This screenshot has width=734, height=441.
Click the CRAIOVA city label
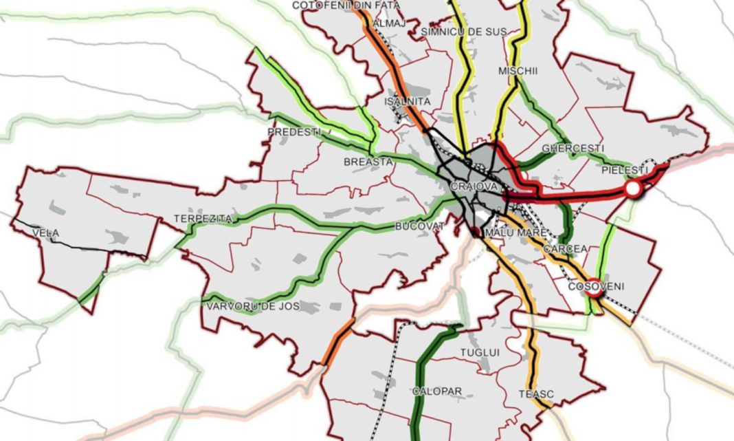(474, 187)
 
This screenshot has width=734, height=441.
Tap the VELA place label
(45, 233)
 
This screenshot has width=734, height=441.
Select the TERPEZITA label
(203, 219)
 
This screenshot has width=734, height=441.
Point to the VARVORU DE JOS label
(252, 306)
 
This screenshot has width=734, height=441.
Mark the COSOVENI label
(595, 286)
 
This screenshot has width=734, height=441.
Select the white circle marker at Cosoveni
(594, 292)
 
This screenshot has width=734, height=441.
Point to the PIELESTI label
(624, 169)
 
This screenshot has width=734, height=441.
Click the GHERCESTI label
(573, 149)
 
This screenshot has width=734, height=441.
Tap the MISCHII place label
(518, 71)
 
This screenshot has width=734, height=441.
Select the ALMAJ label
(384, 23)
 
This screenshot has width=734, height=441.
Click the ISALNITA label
(408, 102)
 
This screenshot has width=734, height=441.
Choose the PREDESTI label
(293, 131)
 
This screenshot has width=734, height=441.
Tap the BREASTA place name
(368, 162)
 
